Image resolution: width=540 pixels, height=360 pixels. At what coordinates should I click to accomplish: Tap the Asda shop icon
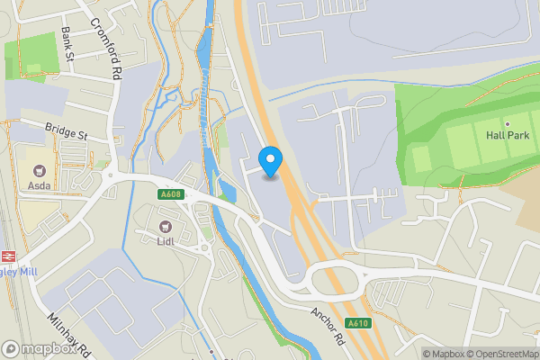pos(40,170)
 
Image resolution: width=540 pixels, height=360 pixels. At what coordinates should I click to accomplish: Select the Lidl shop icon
pos(166,227)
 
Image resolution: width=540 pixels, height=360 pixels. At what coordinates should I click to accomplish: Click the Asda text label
pos(40,187)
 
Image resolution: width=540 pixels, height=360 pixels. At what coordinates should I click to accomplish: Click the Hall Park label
pos(508,135)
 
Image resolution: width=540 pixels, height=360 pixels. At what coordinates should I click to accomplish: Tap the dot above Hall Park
pos(508,123)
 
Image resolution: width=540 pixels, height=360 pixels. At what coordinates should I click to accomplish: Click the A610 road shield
pos(358,323)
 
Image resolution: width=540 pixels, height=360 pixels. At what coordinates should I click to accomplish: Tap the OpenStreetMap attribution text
pos(498,354)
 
